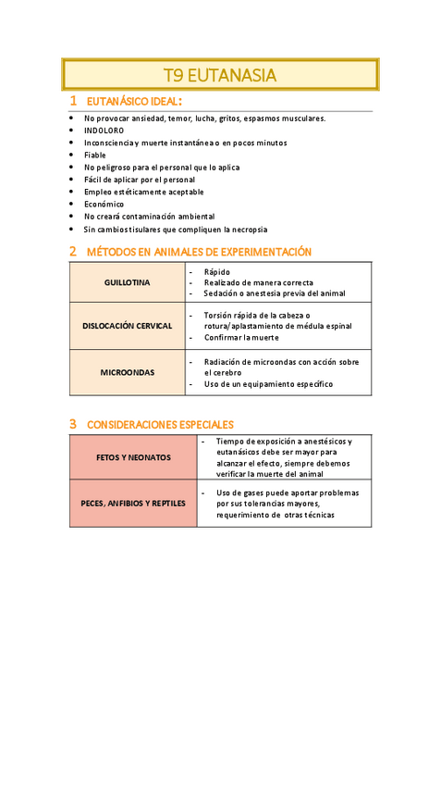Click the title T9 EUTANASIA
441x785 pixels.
tap(220, 75)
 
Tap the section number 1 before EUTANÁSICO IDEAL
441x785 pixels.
tap(73, 100)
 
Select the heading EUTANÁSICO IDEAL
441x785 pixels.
tap(133, 101)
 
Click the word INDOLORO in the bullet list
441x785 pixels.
tap(104, 131)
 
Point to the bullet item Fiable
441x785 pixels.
tap(95, 156)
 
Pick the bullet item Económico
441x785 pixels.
tap(104, 204)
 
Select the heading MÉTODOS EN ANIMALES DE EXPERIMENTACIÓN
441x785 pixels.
tap(199, 252)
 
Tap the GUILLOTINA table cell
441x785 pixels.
tap(128, 282)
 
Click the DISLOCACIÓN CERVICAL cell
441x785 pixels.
tap(128, 326)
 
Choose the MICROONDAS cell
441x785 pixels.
tap(128, 372)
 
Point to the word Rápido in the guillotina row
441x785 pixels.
tap(217, 272)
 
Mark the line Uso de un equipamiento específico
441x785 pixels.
tap(268, 384)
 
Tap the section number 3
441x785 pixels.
tap(73, 424)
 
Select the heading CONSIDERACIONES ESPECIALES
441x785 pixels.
tap(160, 425)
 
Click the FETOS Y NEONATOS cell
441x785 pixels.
tap(133, 457)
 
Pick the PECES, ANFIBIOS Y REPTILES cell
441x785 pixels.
tap(133, 504)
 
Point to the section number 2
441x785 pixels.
tap(73, 251)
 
